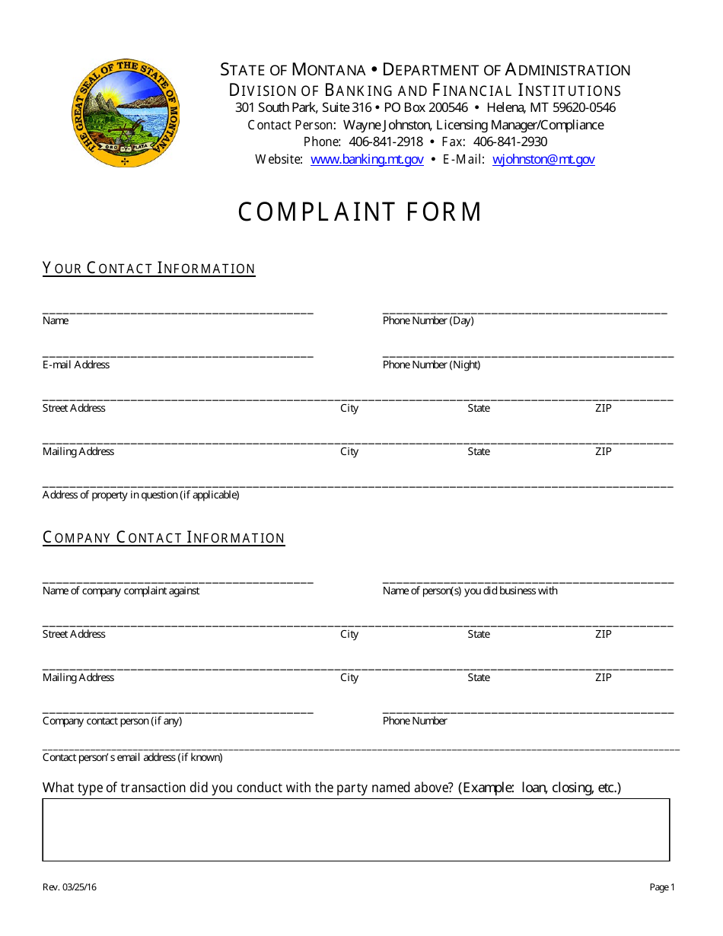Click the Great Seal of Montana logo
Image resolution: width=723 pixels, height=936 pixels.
click(x=124, y=113)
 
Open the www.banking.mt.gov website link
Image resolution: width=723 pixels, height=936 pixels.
click(x=367, y=160)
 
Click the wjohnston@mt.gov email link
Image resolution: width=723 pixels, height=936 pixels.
click(x=543, y=160)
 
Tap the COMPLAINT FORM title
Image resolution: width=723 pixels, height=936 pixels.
click(x=360, y=212)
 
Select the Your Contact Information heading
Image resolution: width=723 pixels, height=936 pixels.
click(x=149, y=269)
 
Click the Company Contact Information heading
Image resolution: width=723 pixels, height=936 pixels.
click(x=164, y=538)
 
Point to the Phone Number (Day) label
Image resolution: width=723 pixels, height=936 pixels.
click(x=428, y=321)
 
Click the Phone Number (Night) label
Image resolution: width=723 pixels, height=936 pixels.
click(x=432, y=365)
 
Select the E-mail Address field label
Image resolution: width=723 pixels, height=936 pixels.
click(x=76, y=365)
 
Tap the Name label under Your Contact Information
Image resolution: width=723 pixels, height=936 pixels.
click(x=56, y=321)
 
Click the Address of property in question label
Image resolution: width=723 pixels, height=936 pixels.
click(x=141, y=495)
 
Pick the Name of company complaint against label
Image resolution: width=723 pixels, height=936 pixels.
click(x=121, y=591)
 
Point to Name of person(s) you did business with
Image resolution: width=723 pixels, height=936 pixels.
click(x=470, y=591)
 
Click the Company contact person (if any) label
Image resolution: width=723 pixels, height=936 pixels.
click(x=112, y=721)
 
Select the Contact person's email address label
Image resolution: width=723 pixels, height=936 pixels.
click(x=132, y=758)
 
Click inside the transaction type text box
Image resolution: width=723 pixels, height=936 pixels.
click(x=356, y=829)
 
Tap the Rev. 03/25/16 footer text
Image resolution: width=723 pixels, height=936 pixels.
click(x=69, y=887)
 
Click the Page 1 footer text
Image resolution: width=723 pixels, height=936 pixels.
click(x=661, y=887)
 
